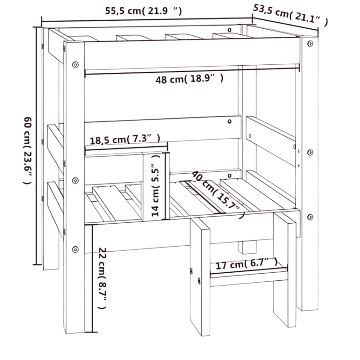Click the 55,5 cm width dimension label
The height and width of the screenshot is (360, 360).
[144, 11]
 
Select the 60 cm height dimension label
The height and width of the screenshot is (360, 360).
[28, 150]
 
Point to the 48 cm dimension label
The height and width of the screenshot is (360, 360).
[189, 79]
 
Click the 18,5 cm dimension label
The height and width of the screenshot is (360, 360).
[125, 139]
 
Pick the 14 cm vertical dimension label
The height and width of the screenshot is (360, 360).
[156, 185]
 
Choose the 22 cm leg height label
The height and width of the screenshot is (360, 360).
[103, 278]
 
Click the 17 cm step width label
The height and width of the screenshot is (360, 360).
[246, 264]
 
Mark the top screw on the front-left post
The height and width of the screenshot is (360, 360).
[75, 65]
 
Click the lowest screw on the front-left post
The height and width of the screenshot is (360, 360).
[75, 249]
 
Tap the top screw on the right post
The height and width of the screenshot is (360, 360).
[310, 43]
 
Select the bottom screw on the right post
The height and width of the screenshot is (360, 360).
[310, 217]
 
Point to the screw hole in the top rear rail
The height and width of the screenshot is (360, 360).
[229, 30]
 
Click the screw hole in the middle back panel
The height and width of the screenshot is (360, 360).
[229, 121]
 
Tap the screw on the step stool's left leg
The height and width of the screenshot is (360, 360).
[199, 280]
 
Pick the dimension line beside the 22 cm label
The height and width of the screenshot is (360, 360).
[92, 278]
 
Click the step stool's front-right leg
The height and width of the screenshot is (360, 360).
[284, 270]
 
